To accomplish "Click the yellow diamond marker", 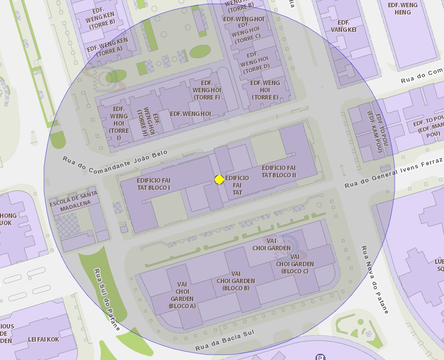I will [219, 180].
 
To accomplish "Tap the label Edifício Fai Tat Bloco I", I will [154, 184].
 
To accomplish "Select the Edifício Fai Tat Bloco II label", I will [279, 171].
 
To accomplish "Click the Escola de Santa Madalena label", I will [73, 199].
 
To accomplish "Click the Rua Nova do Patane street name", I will [375, 279].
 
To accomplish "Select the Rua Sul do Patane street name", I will [107, 299].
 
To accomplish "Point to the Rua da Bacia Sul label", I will [225, 341].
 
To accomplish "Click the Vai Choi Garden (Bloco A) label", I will [182, 295].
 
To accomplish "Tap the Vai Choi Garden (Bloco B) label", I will [236, 281].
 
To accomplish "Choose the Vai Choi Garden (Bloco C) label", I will [295, 264].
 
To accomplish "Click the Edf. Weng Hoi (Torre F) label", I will [207, 90].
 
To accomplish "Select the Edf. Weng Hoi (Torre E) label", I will [265, 90].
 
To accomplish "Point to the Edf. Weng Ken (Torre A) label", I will [108, 46].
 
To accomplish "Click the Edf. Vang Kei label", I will [344, 26].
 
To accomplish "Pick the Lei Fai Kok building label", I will [43, 339].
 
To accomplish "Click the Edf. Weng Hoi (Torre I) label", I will [119, 124].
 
